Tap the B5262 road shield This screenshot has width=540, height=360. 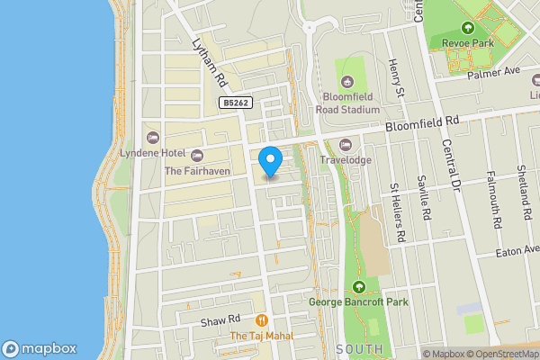click(235, 103)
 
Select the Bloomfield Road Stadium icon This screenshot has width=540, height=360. click(351, 67)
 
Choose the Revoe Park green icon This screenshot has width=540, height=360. click(467, 27)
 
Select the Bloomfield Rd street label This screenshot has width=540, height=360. click(422, 121)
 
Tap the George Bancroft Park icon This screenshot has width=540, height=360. click(359, 287)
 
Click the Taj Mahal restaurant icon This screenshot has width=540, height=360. click(262, 319)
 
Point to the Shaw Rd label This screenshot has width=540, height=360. click(220, 319)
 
